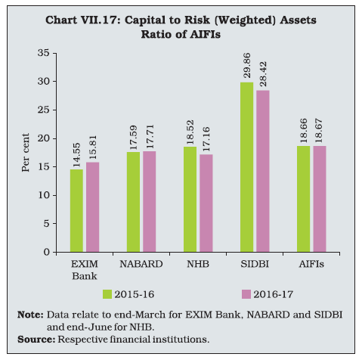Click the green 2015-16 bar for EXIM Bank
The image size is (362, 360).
point(76,211)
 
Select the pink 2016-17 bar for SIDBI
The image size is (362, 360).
point(263,171)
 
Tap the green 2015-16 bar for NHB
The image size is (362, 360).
point(190,200)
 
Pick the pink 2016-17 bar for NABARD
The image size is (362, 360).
point(150,202)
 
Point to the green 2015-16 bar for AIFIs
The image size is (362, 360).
point(304,199)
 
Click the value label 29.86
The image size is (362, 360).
point(247,66)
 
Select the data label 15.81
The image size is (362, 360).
point(93,147)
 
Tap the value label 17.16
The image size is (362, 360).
point(206,139)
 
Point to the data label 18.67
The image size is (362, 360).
point(320,131)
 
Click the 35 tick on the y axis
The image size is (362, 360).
point(44,53)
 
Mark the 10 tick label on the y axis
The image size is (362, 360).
point(44,195)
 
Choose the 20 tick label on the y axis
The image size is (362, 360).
point(44,138)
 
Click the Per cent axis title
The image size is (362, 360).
point(26,153)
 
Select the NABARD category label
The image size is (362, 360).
point(141,264)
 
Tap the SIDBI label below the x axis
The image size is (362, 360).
point(255,264)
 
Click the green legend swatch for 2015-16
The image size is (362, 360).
point(107,294)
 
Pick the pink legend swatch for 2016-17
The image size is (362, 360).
point(246,294)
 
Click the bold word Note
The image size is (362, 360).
point(30,315)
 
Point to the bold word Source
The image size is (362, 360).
point(36,340)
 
